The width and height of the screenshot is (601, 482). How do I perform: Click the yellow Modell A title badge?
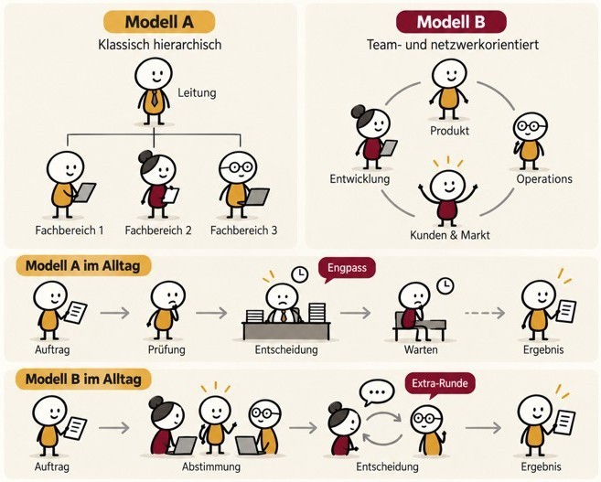[x=159, y=22]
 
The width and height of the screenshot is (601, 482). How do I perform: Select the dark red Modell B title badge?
[x=451, y=22]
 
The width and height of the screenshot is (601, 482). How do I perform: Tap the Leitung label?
[x=197, y=92]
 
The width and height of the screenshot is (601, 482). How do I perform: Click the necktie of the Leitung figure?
[x=154, y=99]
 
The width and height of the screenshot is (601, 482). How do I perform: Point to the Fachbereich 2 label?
[x=158, y=230]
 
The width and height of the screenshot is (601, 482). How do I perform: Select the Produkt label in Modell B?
[x=449, y=131]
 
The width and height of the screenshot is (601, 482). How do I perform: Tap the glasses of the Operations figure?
[x=531, y=125]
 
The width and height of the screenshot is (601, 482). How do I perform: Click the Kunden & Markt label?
[x=450, y=235]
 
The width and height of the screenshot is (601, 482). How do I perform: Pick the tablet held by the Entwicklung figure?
[x=389, y=148]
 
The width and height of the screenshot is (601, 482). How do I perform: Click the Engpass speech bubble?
[x=348, y=269]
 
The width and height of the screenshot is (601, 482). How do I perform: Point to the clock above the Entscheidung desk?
[x=300, y=274]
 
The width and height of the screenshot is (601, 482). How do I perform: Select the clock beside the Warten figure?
[x=445, y=285]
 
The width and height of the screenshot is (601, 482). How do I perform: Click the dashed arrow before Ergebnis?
[x=485, y=314]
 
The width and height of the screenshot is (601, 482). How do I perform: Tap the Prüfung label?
[x=166, y=349]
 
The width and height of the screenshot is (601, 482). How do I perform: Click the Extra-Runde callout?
[x=440, y=384]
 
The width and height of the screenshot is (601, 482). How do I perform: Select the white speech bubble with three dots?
[x=377, y=392]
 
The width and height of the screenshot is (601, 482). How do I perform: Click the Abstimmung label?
[x=211, y=467]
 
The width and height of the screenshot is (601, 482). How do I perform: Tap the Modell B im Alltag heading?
[x=83, y=380]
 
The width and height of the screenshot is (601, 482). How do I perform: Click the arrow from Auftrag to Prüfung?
[x=115, y=313]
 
